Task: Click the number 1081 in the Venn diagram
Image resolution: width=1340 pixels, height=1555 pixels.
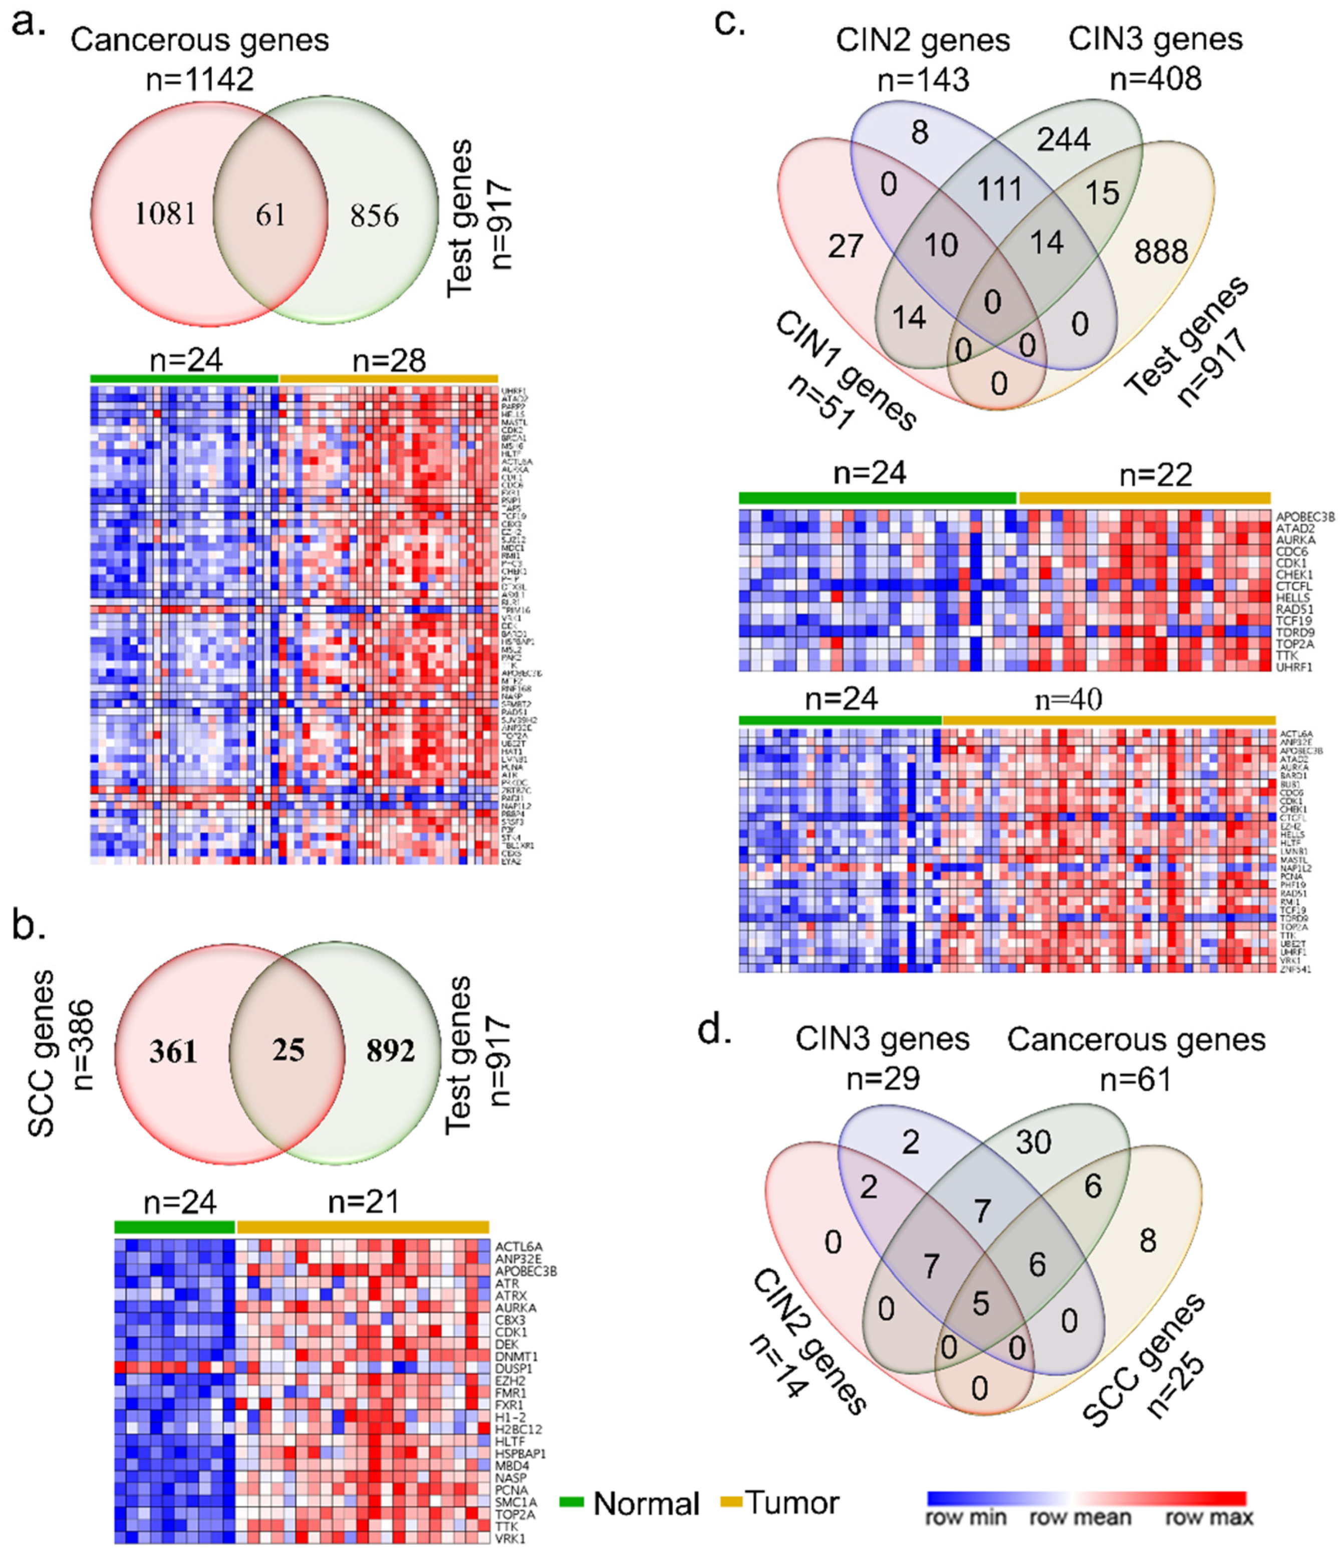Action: [165, 214]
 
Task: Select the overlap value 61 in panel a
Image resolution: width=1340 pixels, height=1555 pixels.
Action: [270, 215]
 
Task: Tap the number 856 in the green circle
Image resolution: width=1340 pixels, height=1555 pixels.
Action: [374, 216]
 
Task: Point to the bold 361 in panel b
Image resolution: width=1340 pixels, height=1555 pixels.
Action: [173, 1051]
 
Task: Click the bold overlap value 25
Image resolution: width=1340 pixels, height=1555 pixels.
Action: [288, 1050]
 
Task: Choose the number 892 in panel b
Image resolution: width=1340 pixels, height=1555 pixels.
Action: [390, 1051]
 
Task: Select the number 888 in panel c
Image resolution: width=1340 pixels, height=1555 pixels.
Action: [1161, 252]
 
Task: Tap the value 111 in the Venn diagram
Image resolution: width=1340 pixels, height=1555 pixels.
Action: [999, 188]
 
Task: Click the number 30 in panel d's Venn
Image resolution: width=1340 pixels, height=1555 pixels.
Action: [1033, 1142]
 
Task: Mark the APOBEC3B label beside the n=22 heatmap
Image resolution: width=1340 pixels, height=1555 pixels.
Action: [1305, 517]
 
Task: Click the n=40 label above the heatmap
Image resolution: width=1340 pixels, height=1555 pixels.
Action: [1068, 700]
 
